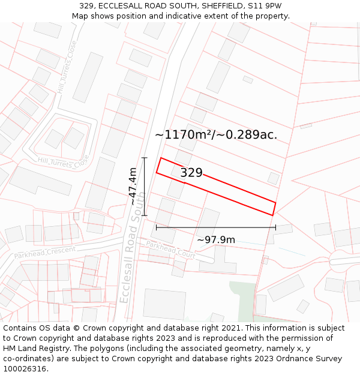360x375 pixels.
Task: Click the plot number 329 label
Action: pos(191,173)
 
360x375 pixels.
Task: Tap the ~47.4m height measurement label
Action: pos(133,187)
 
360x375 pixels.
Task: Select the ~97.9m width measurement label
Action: pos(216,240)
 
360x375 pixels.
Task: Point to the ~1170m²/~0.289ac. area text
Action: pos(216,135)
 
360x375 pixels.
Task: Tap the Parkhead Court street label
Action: pos(171,249)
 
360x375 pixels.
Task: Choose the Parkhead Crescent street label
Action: pos(45,253)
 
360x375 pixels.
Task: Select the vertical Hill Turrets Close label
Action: pos(67,67)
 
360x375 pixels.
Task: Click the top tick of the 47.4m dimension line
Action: pos(144,158)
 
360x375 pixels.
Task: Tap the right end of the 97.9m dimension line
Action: pos(275,227)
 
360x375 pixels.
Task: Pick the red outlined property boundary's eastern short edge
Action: pos(274,209)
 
